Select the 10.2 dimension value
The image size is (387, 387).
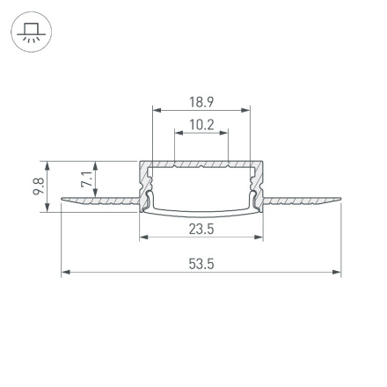[202, 125]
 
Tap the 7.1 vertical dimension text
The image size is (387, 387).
[86, 180]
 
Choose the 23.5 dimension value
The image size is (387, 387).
[202, 230]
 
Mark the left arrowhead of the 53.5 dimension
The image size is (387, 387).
[64, 273]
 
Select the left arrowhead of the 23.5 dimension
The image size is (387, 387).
[143, 238]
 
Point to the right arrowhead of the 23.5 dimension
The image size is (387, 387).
[261, 238]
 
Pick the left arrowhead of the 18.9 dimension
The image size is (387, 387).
[157, 111]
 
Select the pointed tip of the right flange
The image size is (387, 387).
[340, 201]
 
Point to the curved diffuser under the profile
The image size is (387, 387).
[202, 211]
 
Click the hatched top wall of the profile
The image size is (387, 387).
[202, 164]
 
